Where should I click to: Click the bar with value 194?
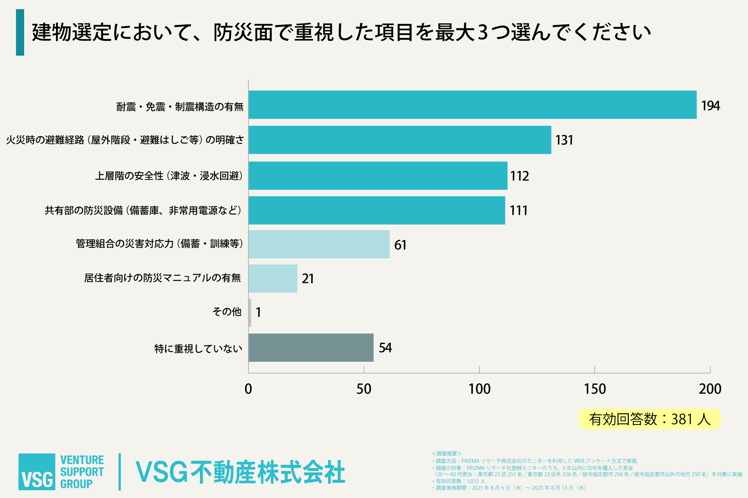pyautogui.click(x=472, y=105)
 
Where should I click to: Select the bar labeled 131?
pyautogui.click(x=400, y=140)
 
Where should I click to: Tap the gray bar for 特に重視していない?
pyautogui.click(x=311, y=347)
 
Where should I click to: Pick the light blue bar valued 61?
pyautogui.click(x=319, y=244)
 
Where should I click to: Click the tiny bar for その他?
pyautogui.click(x=250, y=313)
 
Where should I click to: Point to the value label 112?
pyautogui.click(x=520, y=176)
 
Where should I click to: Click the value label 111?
pyautogui.click(x=519, y=210)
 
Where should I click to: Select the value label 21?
pyautogui.click(x=308, y=279)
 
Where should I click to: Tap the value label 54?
pyautogui.click(x=385, y=347)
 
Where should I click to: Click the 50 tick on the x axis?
pyautogui.click(x=364, y=389)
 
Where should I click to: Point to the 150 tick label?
pyautogui.click(x=595, y=389)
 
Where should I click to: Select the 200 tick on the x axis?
pyautogui.click(x=710, y=389)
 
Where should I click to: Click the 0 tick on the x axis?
pyautogui.click(x=248, y=389)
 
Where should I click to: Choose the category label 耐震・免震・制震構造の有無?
pyautogui.click(x=180, y=107)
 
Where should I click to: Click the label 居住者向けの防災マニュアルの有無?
pyautogui.click(x=162, y=278)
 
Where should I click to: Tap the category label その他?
pyautogui.click(x=227, y=312)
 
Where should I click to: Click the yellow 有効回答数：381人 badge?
pyautogui.click(x=649, y=419)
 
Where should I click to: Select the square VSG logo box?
pyautogui.click(x=37, y=472)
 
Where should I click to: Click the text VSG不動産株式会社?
pyautogui.click(x=240, y=472)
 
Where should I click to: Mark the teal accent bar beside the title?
pyautogui.click(x=20, y=32)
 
